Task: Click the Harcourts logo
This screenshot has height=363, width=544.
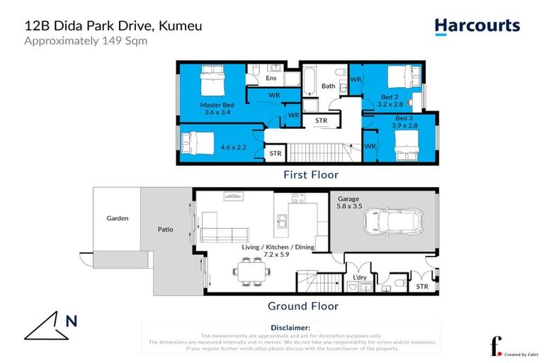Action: coord(477,26)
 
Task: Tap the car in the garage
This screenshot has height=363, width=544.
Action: coord(393,222)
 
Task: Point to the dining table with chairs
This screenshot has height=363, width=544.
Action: coord(251,271)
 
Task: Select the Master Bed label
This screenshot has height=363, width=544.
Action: coord(216,104)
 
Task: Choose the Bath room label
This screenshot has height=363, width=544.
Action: coord(328,86)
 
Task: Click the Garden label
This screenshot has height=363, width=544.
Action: coord(117,218)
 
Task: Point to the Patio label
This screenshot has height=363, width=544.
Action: coord(165,230)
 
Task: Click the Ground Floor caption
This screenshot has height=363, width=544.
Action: coord(302,306)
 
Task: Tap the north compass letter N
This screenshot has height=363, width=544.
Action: coord(72,320)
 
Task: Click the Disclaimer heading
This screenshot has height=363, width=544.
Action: coord(290,328)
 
